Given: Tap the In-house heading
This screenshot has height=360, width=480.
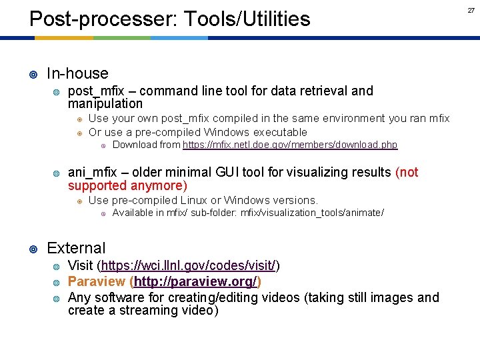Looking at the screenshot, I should click(77, 73).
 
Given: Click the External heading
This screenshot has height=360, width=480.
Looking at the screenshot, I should click(76, 248).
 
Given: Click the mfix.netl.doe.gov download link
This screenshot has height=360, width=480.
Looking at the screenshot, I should click(290, 145).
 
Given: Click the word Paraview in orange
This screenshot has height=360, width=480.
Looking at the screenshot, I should click(97, 281).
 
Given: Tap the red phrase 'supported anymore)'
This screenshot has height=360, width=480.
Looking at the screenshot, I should click(127, 185).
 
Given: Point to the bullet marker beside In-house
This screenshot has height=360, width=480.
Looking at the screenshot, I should click(33, 74).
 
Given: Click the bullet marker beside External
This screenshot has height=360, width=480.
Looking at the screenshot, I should click(33, 249).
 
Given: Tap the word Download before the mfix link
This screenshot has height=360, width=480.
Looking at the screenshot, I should click(135, 145).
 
